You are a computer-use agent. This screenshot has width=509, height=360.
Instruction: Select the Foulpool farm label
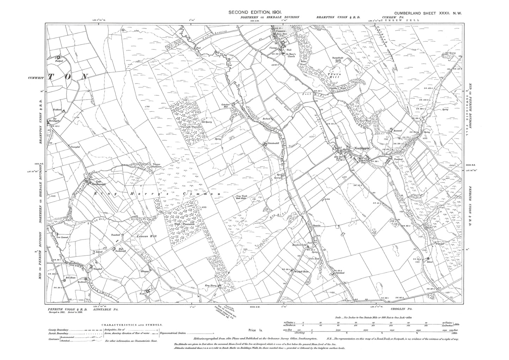[x=58, y=61]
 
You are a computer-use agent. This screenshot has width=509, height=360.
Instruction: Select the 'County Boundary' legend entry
[x=58, y=330]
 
